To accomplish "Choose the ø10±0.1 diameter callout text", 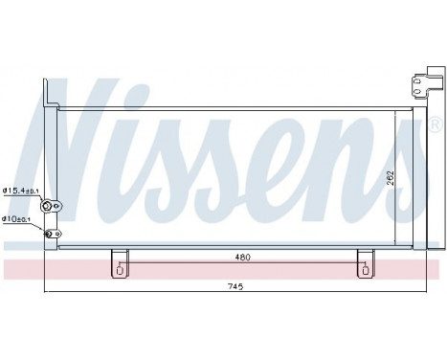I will pos(17,218).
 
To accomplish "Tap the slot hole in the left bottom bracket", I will pos(118,269).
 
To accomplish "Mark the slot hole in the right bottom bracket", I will pos(365,269).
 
